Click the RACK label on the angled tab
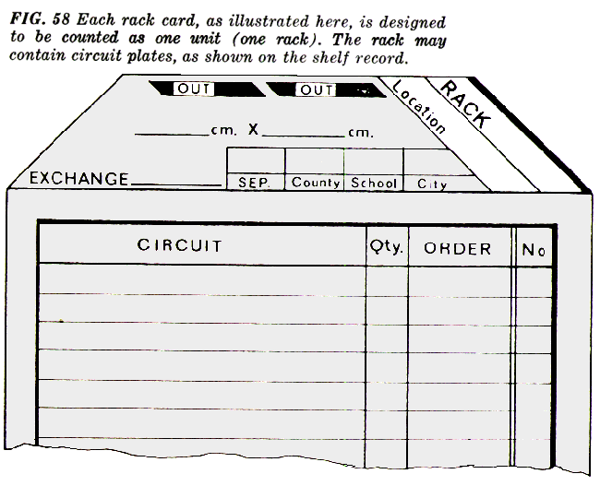pos(467,104)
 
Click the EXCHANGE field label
pos(78,178)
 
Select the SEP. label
pos(253,184)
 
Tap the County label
pos(316,184)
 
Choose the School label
pos(374,184)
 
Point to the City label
pos(432,184)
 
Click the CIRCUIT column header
pos(180,246)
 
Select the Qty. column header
pos(387,247)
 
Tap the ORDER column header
pos(458,248)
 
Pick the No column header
pos(533,248)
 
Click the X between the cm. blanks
pos(253,131)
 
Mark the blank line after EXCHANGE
pos(175,184)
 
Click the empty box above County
pos(314,161)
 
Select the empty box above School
pos(373,161)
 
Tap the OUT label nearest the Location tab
pos(316,89)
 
